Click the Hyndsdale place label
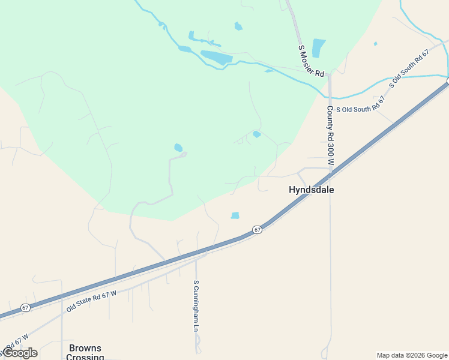pyautogui.click(x=311, y=190)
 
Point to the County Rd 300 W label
pyautogui.click(x=330, y=136)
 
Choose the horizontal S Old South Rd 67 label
pyautogui.click(x=360, y=109)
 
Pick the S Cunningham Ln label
pyautogui.click(x=195, y=305)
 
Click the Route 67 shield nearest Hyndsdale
pyautogui.click(x=257, y=230)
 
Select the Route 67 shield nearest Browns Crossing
pyautogui.click(x=25, y=307)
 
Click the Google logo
pyautogui.click(x=20, y=353)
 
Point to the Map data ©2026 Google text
pyautogui.click(x=412, y=355)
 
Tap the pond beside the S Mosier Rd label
pyautogui.click(x=318, y=48)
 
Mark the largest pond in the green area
pyautogui.click(x=216, y=58)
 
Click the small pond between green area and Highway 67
pyautogui.click(x=235, y=215)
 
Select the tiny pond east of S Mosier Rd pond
pyautogui.click(x=375, y=44)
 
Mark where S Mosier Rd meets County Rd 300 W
pyautogui.click(x=329, y=76)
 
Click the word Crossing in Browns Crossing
pyautogui.click(x=85, y=357)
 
